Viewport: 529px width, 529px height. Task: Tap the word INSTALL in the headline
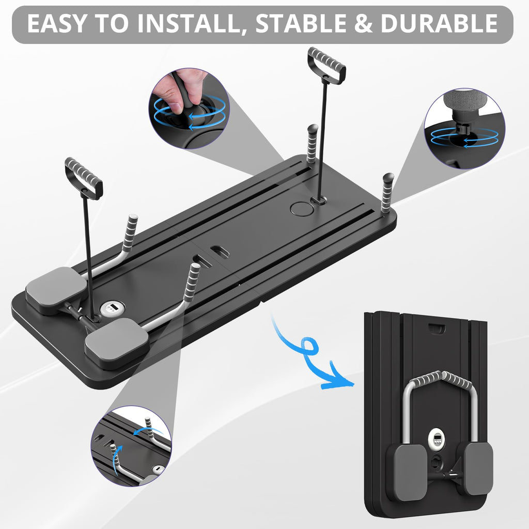click(196, 24)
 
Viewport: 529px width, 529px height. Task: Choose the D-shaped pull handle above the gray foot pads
click(84, 178)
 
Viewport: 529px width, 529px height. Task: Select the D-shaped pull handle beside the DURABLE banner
click(326, 66)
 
